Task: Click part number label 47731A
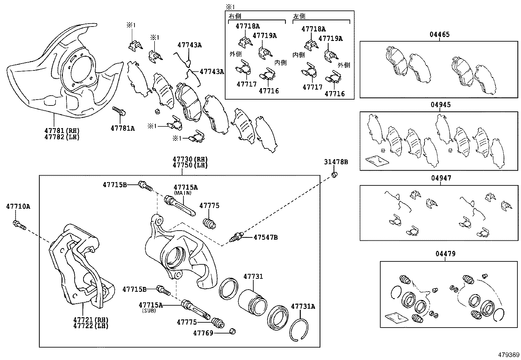click(x=303, y=306)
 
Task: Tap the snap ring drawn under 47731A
click(x=299, y=330)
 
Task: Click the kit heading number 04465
click(x=440, y=34)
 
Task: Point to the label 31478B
click(x=336, y=162)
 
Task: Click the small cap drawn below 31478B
click(x=334, y=175)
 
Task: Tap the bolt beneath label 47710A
click(x=19, y=225)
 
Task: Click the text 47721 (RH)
click(x=91, y=320)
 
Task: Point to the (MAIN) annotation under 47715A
click(x=183, y=193)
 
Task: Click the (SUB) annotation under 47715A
click(x=149, y=311)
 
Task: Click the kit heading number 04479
click(x=445, y=254)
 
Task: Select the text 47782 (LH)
click(x=62, y=137)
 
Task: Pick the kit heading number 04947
click(x=441, y=178)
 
